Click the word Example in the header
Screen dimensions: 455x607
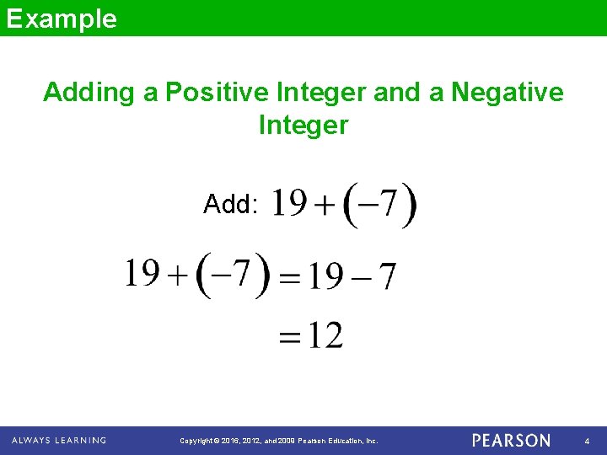pos(62,18)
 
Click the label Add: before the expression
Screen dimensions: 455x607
pos(230,204)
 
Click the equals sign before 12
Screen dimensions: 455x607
pos(289,339)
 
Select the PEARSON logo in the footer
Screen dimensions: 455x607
pos(512,441)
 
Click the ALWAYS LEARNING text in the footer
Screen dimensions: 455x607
pos(59,441)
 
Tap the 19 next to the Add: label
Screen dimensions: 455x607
pos(289,203)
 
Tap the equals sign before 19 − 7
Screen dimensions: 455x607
pos(289,278)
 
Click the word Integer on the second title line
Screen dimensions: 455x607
pos(303,126)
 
